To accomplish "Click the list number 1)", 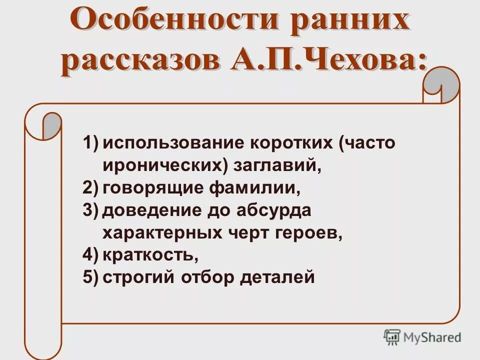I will (91, 143).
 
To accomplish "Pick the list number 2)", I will (91, 188).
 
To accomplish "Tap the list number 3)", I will (91, 210).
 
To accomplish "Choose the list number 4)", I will (91, 255).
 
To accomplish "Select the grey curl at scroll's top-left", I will (50, 125).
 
